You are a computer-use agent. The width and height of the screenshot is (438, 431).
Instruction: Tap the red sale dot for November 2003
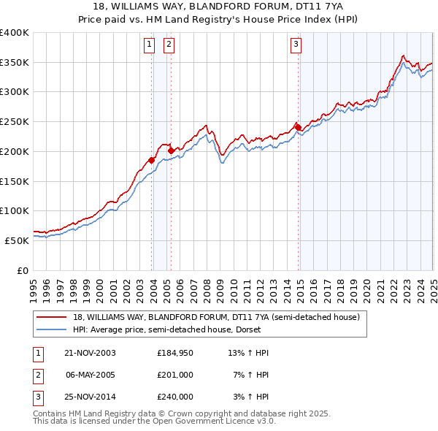[x=152, y=160]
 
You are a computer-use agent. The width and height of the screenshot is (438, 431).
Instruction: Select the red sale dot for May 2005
[x=171, y=150]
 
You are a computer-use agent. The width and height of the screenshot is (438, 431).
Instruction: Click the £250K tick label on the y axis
[x=15, y=122]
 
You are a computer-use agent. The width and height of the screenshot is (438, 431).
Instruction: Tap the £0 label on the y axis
[x=23, y=270]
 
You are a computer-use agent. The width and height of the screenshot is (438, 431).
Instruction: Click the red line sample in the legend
[x=50, y=318]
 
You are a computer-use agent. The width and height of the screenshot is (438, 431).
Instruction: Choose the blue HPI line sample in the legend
[x=50, y=329]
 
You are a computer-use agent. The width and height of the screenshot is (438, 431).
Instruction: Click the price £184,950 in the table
[x=175, y=353]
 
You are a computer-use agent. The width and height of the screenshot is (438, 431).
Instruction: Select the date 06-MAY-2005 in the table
[x=90, y=375]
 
